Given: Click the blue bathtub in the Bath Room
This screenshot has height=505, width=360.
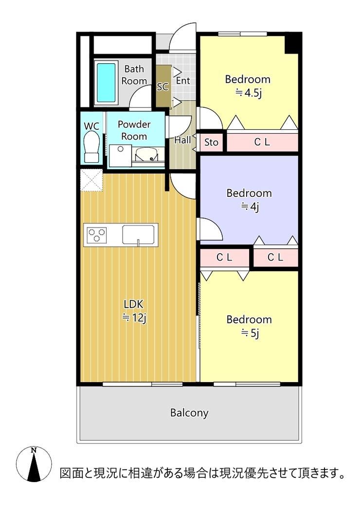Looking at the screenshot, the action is (106, 82).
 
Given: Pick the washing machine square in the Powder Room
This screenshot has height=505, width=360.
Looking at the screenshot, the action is (120, 156).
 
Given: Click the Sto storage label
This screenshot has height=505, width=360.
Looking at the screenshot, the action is (211, 142).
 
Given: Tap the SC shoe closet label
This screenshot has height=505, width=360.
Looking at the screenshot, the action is (163, 87).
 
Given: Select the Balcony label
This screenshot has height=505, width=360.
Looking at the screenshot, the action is (189, 413).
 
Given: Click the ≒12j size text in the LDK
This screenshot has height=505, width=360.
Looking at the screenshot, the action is (134, 318).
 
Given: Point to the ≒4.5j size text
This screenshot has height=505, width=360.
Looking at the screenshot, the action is (248, 93).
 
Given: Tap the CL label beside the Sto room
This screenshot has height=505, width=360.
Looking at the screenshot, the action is (262, 142).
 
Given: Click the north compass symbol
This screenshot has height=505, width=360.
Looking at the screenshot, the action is (34, 464).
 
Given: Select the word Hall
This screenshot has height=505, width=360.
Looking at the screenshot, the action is (182, 140).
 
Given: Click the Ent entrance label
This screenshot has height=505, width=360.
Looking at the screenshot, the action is (183, 81).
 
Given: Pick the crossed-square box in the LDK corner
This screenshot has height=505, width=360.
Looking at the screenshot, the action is (91, 180).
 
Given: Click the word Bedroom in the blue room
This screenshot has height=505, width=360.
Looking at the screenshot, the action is (249, 193).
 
